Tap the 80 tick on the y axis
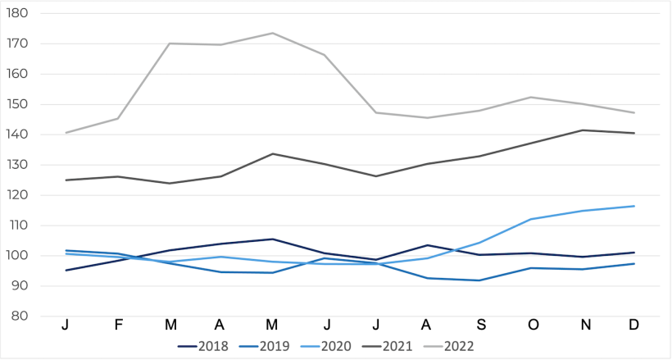pos(20,317)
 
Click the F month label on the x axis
pos(118,326)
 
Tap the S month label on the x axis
pos(479,326)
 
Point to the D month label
pos(634,326)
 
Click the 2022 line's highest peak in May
pos(273,34)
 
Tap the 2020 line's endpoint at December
pos(634,206)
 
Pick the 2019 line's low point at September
pos(479,280)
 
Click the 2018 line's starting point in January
pos(66,270)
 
